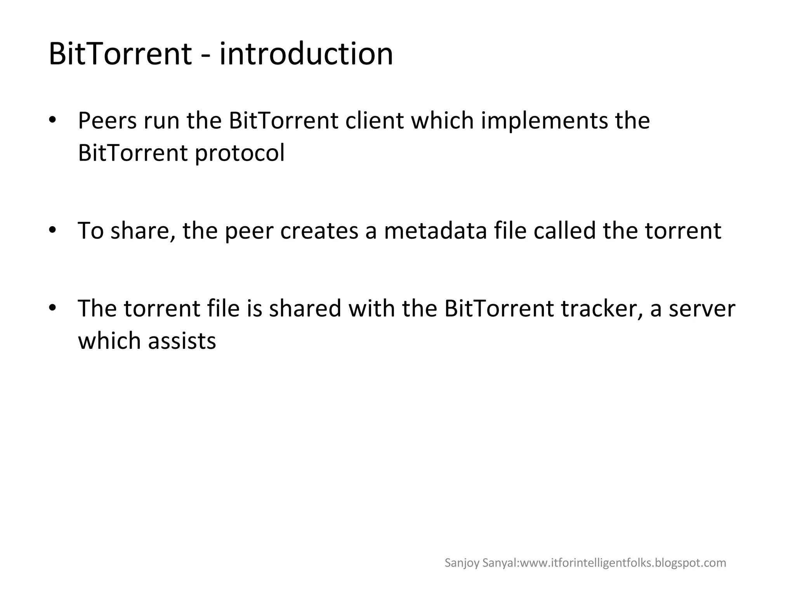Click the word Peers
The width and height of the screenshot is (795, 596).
107,121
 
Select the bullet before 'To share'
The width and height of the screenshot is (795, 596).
53,230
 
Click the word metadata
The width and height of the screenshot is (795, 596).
435,231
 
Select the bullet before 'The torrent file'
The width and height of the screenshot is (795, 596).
53,308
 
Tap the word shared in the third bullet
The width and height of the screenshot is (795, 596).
305,309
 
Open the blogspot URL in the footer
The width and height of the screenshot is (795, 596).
623,563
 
